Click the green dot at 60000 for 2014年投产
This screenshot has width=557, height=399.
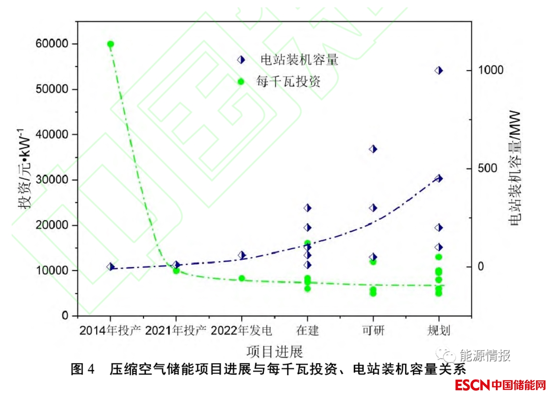(x=110, y=44)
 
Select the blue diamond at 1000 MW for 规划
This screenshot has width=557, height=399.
(x=439, y=70)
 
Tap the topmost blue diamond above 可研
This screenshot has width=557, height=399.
(x=373, y=149)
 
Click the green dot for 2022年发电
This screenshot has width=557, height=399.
(x=242, y=278)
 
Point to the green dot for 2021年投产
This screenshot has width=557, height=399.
(x=176, y=271)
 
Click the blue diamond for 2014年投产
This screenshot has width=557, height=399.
(x=110, y=267)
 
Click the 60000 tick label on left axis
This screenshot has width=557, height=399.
(x=53, y=44)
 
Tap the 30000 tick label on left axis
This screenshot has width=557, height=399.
(x=53, y=180)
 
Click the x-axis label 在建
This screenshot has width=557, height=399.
(x=307, y=330)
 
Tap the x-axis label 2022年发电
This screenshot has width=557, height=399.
(x=241, y=330)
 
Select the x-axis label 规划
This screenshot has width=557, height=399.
(x=438, y=330)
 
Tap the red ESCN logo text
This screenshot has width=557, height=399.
(x=472, y=385)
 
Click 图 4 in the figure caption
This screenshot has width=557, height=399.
(x=83, y=369)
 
